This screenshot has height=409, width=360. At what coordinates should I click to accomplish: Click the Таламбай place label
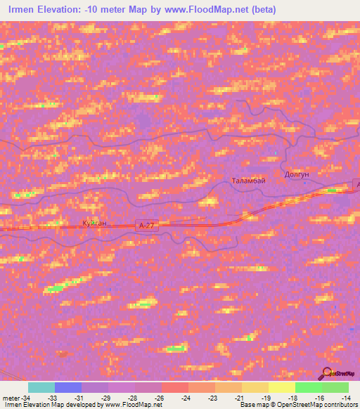click(x=248, y=181)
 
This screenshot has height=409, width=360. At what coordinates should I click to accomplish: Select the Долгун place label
click(x=296, y=174)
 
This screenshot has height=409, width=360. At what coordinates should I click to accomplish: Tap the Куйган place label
click(x=94, y=223)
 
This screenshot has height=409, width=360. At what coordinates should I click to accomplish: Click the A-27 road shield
click(x=146, y=225)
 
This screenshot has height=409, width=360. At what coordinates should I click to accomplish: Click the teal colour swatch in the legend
click(x=41, y=387)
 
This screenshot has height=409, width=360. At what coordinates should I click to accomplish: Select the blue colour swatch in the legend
click(x=67, y=387)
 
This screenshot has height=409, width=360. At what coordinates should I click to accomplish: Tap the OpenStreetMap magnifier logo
click(x=326, y=374)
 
